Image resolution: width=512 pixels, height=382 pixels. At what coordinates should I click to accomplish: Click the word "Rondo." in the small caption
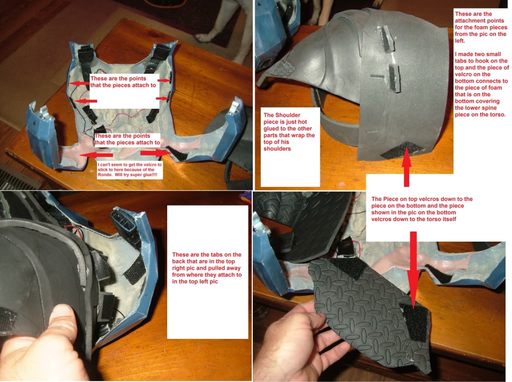click(x=105, y=174)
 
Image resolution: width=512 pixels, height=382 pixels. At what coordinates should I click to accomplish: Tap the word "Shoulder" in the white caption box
click(x=287, y=115)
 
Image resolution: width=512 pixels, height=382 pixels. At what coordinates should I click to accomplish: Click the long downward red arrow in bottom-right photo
click(x=413, y=270)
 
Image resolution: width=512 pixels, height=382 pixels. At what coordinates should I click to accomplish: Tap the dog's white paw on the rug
click(x=205, y=38)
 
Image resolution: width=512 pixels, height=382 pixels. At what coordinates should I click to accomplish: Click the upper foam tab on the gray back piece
click(x=386, y=39)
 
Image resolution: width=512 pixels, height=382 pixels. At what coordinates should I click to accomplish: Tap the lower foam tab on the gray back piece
click(x=394, y=78)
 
